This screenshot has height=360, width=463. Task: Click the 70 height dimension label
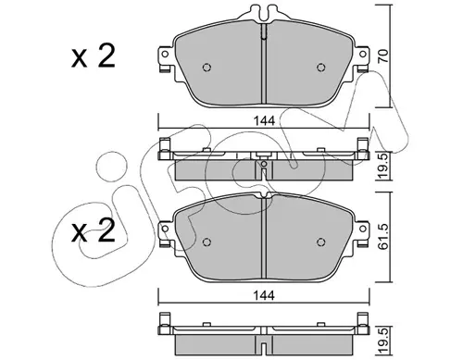[x=383, y=56]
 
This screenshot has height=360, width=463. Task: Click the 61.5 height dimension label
[x=383, y=237]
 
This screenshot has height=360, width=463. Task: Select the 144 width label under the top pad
[x=264, y=121]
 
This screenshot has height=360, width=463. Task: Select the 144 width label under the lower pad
[x=264, y=295]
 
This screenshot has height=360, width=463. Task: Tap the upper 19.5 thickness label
[x=383, y=166]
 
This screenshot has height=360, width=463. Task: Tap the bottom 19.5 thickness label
[x=383, y=341]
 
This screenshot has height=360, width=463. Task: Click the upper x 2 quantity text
[x=94, y=56]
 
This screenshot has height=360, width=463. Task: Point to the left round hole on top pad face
[x=206, y=68]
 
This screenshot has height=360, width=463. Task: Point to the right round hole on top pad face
[x=321, y=68]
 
